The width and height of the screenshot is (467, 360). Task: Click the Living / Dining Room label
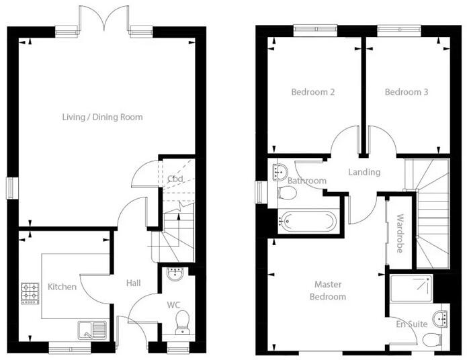coord(102,117)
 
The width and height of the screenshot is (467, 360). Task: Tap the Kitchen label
coord(62,287)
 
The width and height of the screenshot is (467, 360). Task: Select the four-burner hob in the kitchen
coord(30,292)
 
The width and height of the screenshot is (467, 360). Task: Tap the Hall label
coord(133,283)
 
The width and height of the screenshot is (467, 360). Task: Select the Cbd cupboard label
coord(175,179)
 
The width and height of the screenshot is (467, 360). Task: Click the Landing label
coord(364,172)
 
